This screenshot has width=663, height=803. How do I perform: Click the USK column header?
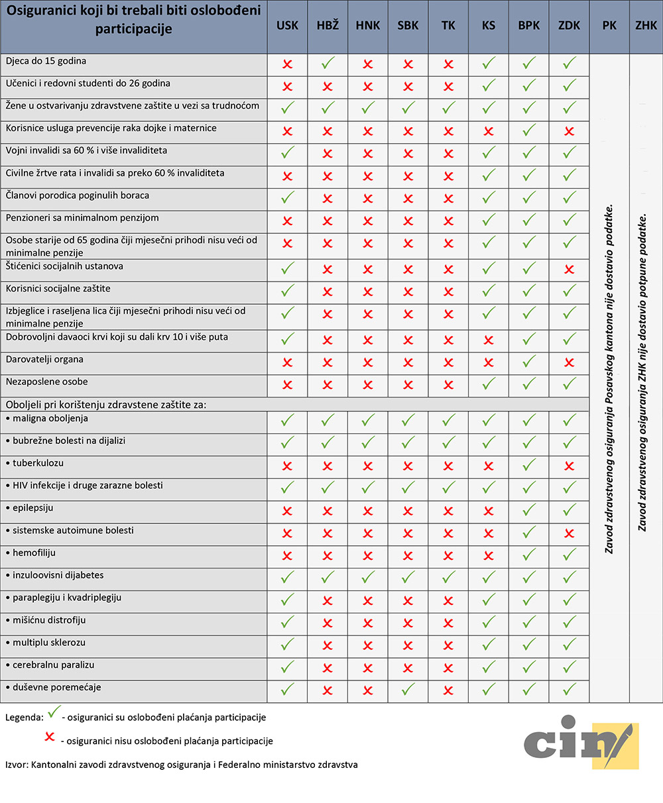click(x=287, y=26)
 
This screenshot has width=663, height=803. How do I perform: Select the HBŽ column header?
click(x=328, y=26)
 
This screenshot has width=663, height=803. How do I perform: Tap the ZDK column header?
click(x=569, y=26)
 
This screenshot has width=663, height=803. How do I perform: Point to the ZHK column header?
click(x=646, y=26)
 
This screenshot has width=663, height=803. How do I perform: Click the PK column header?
click(x=609, y=26)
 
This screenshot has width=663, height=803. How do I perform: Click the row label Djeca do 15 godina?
click(x=46, y=62)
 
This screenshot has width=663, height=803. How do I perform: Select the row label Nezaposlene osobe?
click(x=46, y=382)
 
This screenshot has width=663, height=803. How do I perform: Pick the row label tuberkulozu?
click(x=38, y=463)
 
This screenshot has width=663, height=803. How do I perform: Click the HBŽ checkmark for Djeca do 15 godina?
click(x=328, y=64)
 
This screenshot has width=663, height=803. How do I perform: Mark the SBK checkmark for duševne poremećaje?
click(x=408, y=690)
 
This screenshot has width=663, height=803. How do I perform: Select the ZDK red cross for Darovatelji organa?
click(x=569, y=363)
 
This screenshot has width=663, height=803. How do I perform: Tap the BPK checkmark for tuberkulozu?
click(x=528, y=466)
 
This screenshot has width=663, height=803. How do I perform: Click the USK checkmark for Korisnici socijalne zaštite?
click(x=287, y=292)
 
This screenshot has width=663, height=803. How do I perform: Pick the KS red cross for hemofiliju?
click(x=489, y=556)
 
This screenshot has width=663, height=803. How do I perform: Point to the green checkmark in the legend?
click(x=54, y=712)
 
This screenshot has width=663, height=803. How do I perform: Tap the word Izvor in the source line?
click(x=15, y=765)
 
